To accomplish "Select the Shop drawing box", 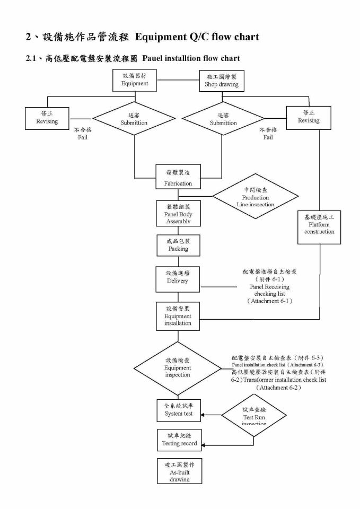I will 222,81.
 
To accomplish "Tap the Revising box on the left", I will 47,118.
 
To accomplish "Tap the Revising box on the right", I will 309,117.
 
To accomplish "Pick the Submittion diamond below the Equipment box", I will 134,119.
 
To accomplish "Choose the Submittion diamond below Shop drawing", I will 223,119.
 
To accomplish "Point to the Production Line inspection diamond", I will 256,197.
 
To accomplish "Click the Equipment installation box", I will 178,316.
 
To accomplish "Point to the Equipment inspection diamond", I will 178,367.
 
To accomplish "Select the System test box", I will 178,411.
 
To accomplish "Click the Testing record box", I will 179,440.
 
